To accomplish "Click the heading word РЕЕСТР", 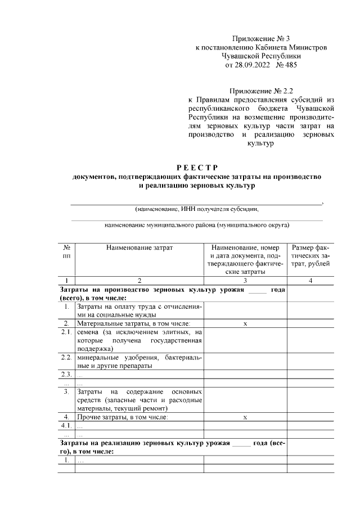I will click(x=197, y=167).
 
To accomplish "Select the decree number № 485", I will click(x=287, y=65).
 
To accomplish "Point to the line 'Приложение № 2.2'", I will click(x=262, y=90).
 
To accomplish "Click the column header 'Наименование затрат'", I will click(x=139, y=247).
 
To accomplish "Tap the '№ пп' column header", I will click(x=66, y=251).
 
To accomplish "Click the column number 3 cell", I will click(x=245, y=280).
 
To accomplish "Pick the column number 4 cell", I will click(x=310, y=280).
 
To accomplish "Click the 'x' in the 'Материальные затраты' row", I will click(x=245, y=324).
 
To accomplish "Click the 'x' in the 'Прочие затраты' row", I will click(x=245, y=417).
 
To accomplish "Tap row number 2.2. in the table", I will click(x=66, y=358).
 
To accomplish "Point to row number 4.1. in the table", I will click(x=66, y=426).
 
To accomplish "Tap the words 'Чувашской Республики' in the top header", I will click(x=262, y=56).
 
